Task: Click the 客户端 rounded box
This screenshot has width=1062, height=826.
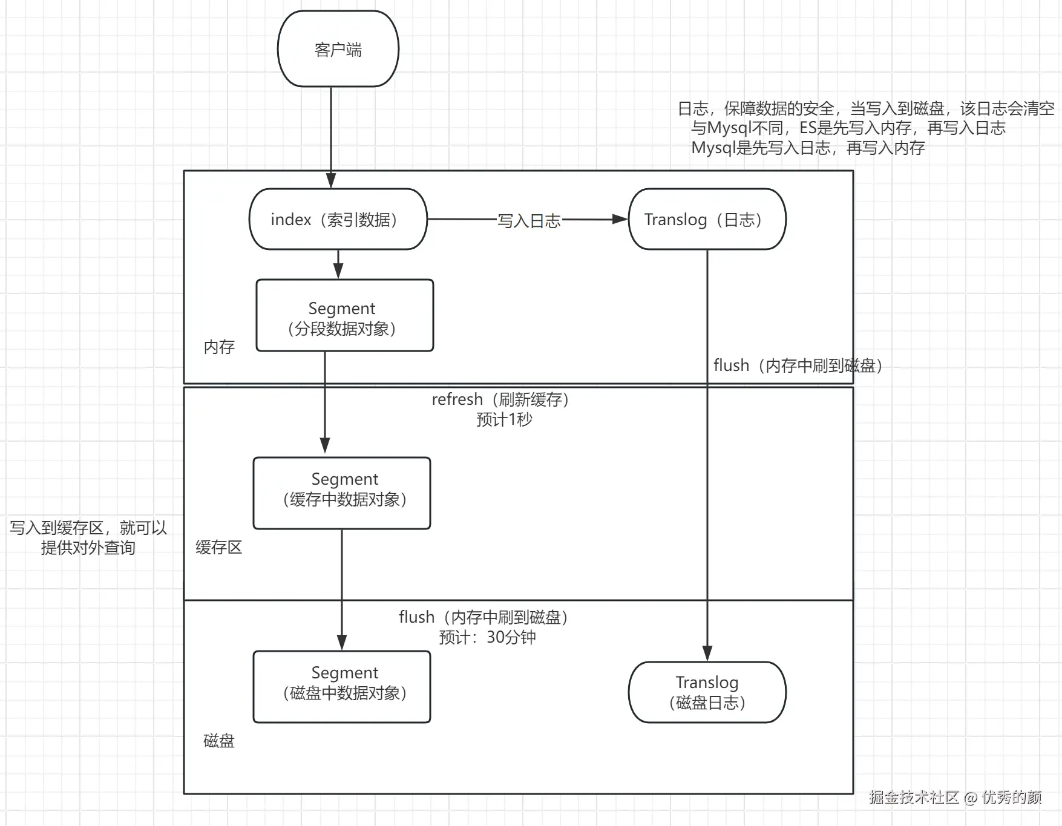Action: pyautogui.click(x=338, y=49)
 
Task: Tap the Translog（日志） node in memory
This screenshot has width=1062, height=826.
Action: pyautogui.click(x=707, y=219)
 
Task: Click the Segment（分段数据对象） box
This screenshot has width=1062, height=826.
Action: pyautogui.click(x=344, y=315)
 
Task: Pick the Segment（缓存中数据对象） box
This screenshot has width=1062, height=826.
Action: pyautogui.click(x=342, y=493)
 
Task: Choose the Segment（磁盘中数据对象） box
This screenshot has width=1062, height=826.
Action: pyautogui.click(x=342, y=686)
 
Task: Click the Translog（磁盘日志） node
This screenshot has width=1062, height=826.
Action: pyautogui.click(x=707, y=692)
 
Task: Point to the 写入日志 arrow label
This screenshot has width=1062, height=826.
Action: pyautogui.click(x=529, y=221)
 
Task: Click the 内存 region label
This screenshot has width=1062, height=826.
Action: pyautogui.click(x=219, y=347)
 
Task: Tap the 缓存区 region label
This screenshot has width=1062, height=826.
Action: pyautogui.click(x=218, y=547)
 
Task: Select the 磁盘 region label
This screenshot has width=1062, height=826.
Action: pyautogui.click(x=218, y=741)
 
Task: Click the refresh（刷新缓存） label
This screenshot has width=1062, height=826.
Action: pyautogui.click(x=500, y=399)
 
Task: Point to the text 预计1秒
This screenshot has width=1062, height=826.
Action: pyautogui.click(x=503, y=419)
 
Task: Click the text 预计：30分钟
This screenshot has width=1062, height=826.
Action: pyautogui.click(x=487, y=637)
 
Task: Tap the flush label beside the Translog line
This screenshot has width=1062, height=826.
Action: pyautogui.click(x=798, y=365)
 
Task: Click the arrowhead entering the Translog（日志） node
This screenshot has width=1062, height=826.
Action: pyautogui.click(x=620, y=219)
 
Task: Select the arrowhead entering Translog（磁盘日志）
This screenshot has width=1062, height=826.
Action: pyautogui.click(x=707, y=654)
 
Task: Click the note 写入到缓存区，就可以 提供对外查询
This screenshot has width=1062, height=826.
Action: pyautogui.click(x=88, y=537)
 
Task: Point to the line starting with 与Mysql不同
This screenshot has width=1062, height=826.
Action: pyautogui.click(x=848, y=128)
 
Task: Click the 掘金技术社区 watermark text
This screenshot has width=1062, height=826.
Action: pyautogui.click(x=914, y=798)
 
